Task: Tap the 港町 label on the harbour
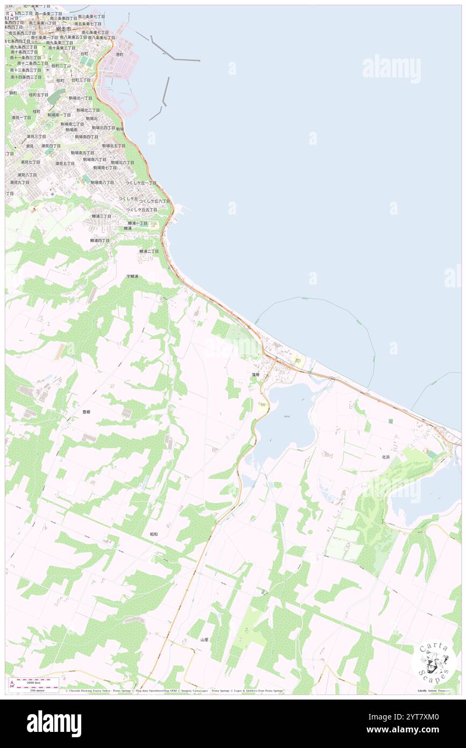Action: point(119,54)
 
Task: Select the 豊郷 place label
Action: point(86,412)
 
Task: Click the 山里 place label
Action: point(204,639)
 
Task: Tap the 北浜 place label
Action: point(385,457)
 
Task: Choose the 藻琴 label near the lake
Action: point(255,374)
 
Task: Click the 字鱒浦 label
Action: point(132,276)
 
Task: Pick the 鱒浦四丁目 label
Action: point(100,240)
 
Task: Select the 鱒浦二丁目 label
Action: point(149,251)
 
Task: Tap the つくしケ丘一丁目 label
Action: point(141,183)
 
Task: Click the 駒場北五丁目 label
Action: point(114,145)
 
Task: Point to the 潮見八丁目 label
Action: point(27,175)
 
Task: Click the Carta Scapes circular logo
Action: point(433,661)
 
